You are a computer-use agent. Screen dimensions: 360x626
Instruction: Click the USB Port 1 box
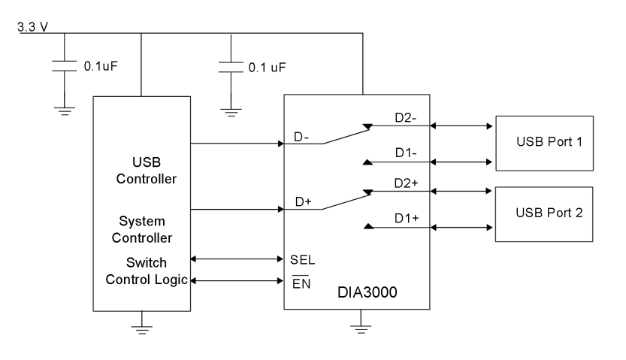tap(543, 141)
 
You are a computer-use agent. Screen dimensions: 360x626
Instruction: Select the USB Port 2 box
tap(543, 213)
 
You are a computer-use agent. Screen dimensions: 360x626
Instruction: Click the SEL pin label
tap(302, 260)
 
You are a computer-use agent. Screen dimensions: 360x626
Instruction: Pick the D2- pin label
tap(407, 118)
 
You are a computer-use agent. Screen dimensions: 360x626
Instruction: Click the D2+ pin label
tap(407, 183)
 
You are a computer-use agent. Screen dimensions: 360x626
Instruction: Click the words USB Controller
tap(141, 171)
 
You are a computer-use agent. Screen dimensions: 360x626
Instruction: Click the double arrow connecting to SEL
tap(237, 259)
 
